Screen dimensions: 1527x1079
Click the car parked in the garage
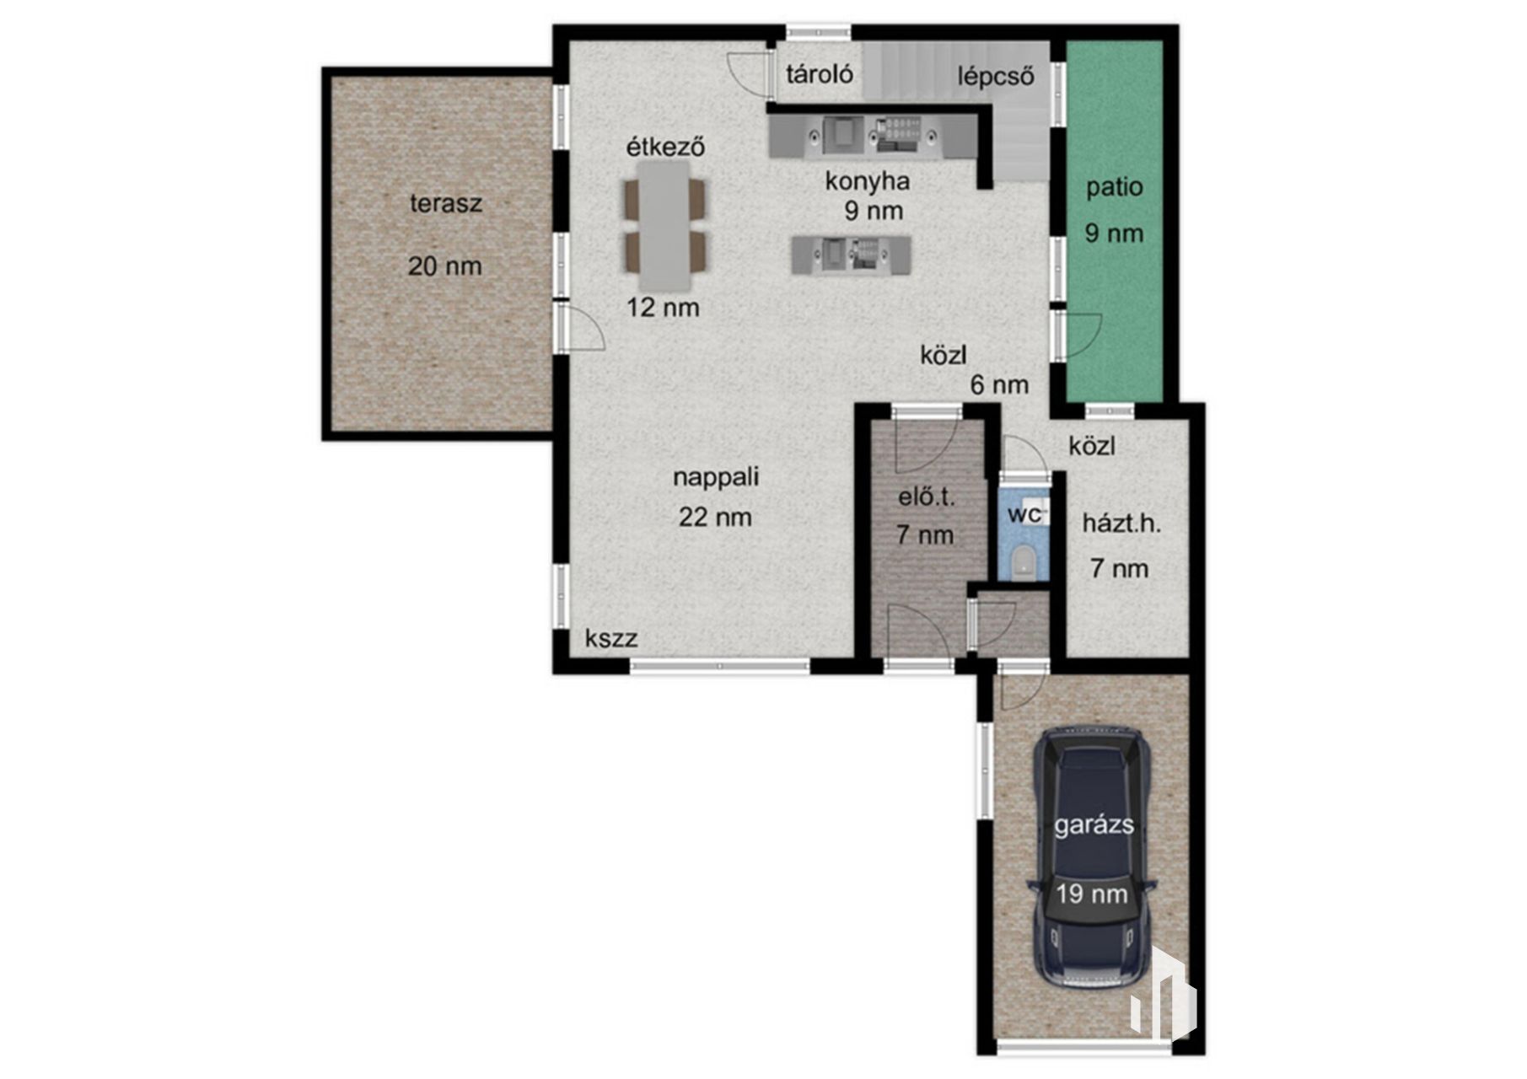coord(1091,859)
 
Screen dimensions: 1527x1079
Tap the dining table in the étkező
coord(664,225)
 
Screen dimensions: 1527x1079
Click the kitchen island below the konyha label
coord(851,255)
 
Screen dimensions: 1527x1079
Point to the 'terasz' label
coord(446,203)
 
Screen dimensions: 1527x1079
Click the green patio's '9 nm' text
coord(1114,233)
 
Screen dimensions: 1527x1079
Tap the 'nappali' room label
coord(716,477)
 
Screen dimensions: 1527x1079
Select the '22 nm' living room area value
coord(715,517)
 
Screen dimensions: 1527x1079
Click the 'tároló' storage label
coord(820,74)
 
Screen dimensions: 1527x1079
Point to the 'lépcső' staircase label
coord(996,76)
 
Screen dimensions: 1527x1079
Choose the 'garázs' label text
coord(1094,825)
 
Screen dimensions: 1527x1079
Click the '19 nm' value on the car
coord(1092,894)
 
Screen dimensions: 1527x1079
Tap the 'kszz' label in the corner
coord(611,638)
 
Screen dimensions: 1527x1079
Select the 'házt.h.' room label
coord(1121,523)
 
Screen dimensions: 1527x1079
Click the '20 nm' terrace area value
coord(445,266)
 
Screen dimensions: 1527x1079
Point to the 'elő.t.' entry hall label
coord(926,497)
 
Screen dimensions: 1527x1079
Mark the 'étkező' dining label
coord(664,147)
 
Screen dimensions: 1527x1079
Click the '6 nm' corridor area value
coord(999,385)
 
